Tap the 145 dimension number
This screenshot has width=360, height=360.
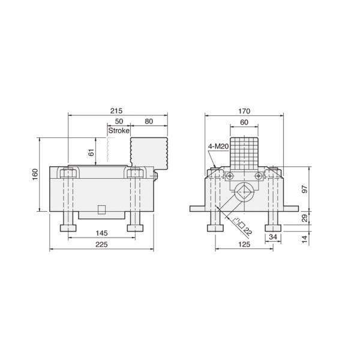tap(101, 232)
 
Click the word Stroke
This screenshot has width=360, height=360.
tap(118, 130)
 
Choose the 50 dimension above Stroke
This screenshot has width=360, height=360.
tap(119, 121)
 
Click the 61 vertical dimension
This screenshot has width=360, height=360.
tap(91, 152)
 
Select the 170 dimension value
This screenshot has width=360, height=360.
tap(244, 110)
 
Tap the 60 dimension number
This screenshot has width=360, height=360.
tap(244, 121)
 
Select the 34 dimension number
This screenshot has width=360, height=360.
tap(274, 237)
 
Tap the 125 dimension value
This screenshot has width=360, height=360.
tap(244, 244)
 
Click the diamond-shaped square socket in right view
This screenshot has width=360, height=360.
tap(244, 194)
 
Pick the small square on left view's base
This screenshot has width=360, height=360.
tap(101, 209)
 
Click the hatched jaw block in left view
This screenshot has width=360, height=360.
tap(148, 152)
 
